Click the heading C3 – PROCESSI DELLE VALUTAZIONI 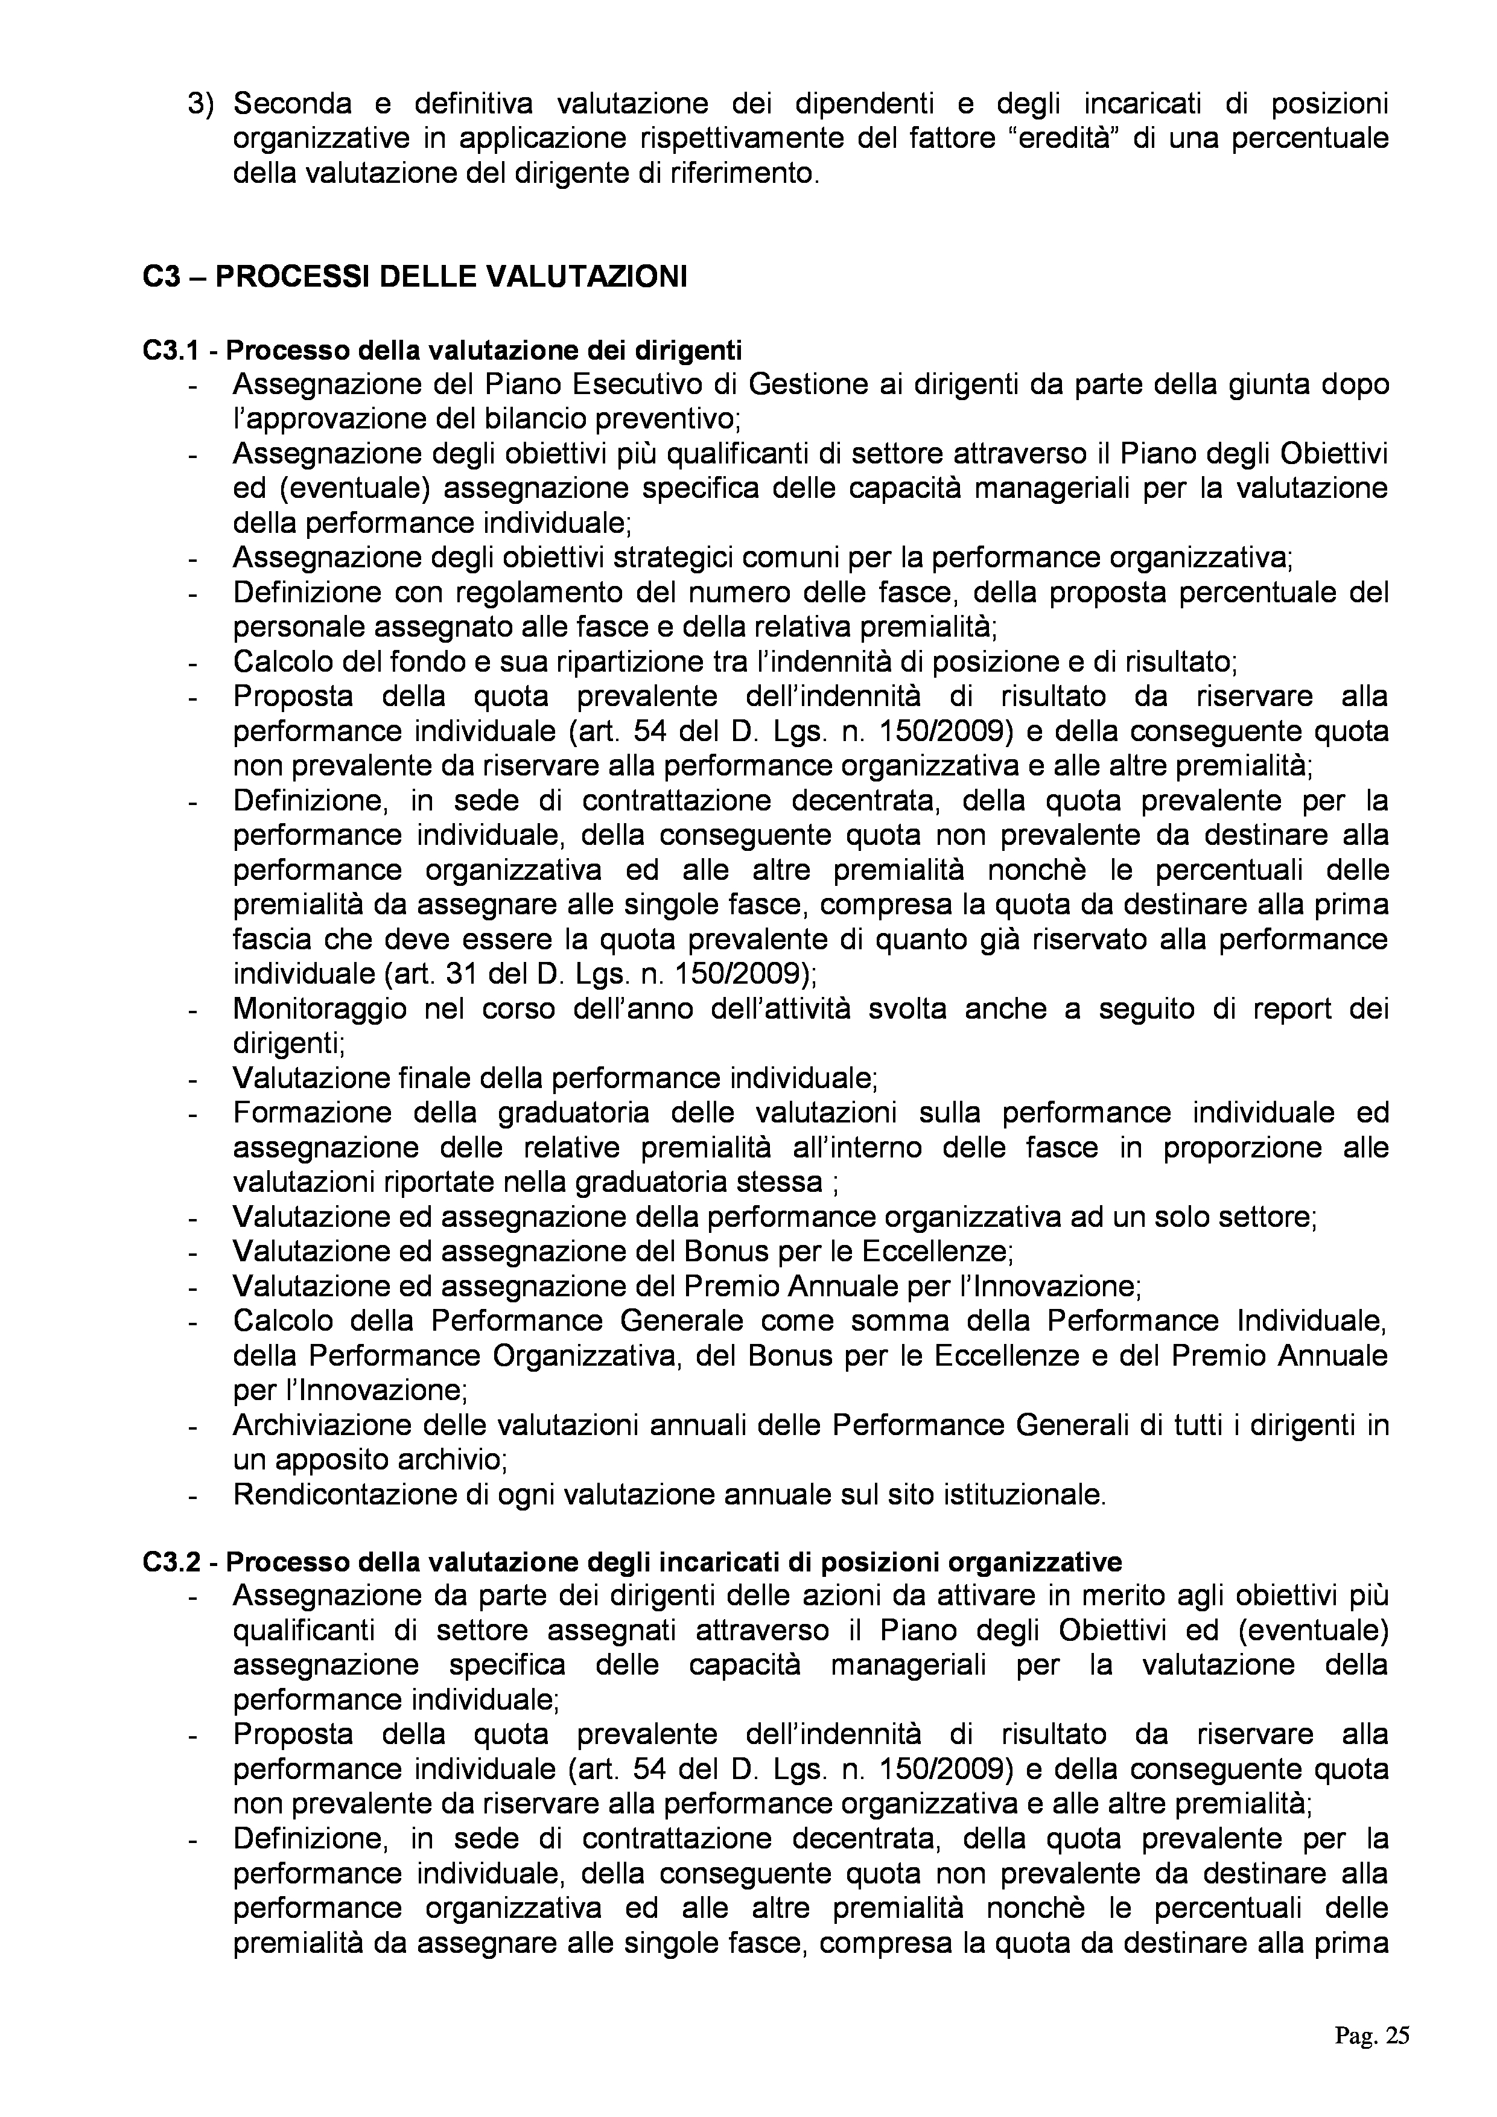pyautogui.click(x=415, y=278)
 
